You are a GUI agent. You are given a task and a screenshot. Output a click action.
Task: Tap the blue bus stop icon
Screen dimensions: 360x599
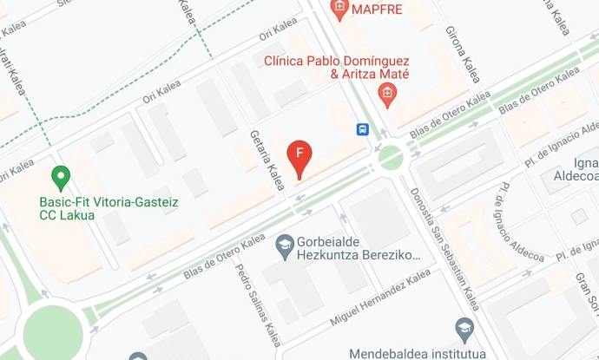click(362, 129)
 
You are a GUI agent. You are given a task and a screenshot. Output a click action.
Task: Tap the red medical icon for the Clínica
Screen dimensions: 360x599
click(387, 95)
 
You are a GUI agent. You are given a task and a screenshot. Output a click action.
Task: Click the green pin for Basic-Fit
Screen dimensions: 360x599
click(61, 178)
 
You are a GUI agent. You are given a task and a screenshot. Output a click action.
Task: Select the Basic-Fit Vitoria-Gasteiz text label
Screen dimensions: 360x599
click(109, 202)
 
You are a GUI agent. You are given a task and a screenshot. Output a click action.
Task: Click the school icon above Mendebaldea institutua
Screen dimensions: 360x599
click(464, 328)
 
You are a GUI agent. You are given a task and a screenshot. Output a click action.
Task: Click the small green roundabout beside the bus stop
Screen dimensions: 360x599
click(390, 157)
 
